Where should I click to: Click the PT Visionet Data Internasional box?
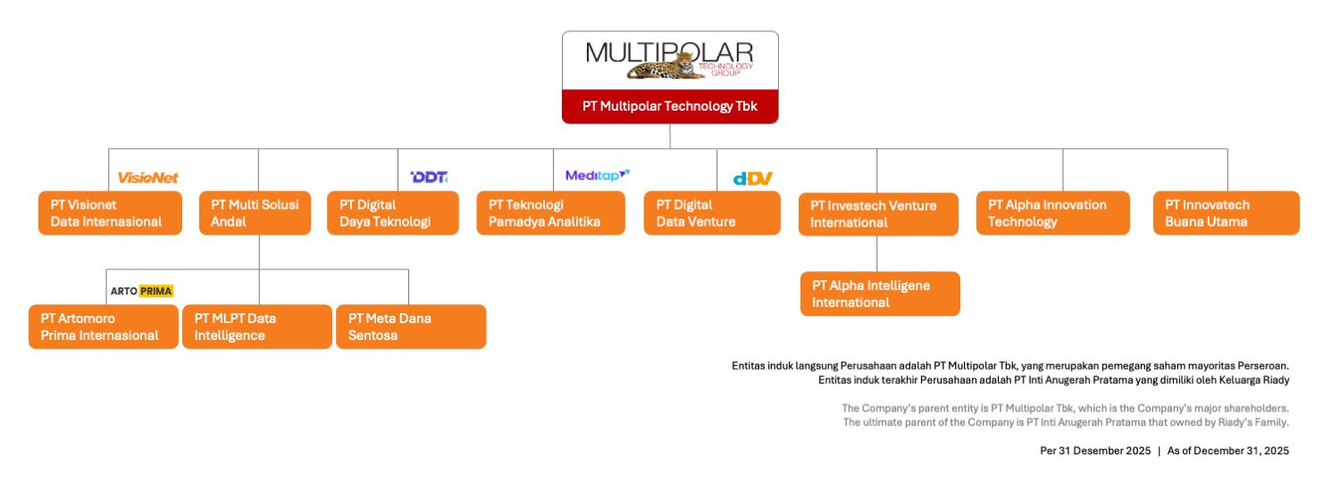110,212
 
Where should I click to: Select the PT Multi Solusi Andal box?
255,212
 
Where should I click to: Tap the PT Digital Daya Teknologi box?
392,212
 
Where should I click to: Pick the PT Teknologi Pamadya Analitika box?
550,212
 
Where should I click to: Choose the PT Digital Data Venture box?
711,212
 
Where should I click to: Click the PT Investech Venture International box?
877,213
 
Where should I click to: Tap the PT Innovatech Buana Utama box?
1226,212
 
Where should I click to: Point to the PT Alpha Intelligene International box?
879,294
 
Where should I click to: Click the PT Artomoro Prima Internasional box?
104,327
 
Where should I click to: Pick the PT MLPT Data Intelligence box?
256,327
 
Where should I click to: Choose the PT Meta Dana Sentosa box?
410,327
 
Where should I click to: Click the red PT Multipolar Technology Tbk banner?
669,106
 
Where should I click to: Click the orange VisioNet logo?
148,178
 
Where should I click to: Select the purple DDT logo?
429,177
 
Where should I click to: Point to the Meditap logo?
597,175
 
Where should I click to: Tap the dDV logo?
752,178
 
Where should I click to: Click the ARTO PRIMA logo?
141,291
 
